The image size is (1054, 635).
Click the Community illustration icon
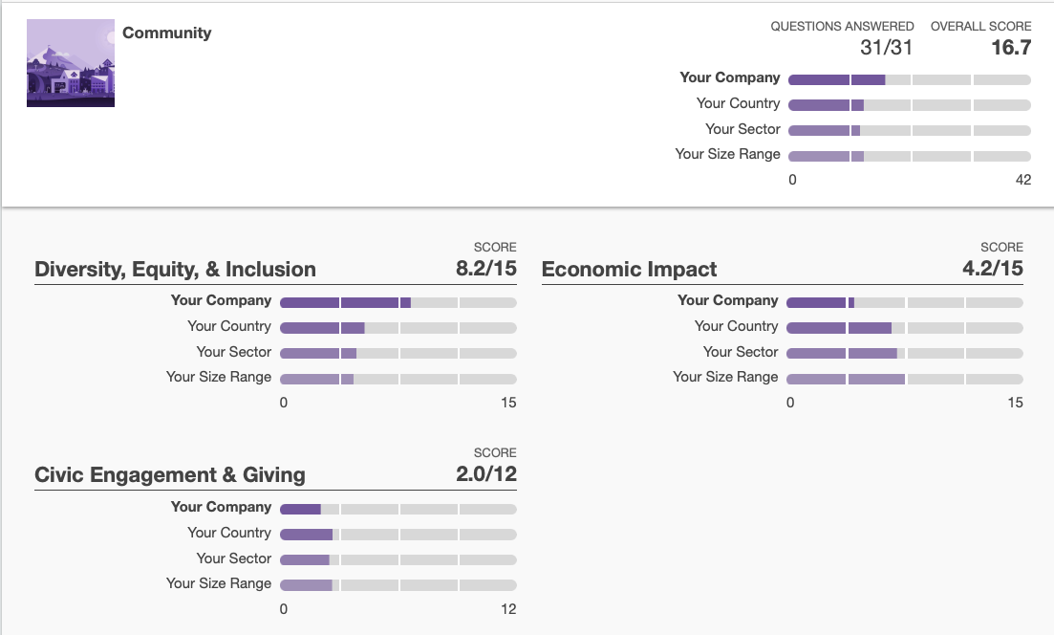pyautogui.click(x=71, y=63)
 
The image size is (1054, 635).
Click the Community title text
pyautogui.click(x=167, y=33)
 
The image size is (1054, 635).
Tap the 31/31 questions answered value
pyautogui.click(x=887, y=48)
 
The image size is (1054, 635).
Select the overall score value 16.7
pyautogui.click(x=1011, y=48)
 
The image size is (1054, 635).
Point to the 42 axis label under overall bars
pyautogui.click(x=1023, y=180)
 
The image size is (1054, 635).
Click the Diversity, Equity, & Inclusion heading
pyautogui.click(x=175, y=270)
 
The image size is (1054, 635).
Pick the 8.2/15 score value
pyautogui.click(x=485, y=269)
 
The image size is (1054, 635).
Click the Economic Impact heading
pyautogui.click(x=629, y=270)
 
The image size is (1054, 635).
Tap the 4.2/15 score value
pyautogui.click(x=992, y=269)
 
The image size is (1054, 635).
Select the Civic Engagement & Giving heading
pyautogui.click(x=170, y=475)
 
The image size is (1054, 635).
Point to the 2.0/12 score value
pyautogui.click(x=485, y=474)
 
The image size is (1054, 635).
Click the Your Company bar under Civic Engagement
pyautogui.click(x=398, y=509)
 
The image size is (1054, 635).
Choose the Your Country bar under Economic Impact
pyautogui.click(x=904, y=328)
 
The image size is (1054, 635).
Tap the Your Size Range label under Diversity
pyautogui.click(x=219, y=378)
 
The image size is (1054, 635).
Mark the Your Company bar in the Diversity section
pyautogui.click(x=398, y=302)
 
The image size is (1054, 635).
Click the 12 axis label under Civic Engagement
pyautogui.click(x=508, y=609)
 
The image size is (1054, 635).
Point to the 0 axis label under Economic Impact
pyautogui.click(x=790, y=403)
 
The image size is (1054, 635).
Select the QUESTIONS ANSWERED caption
pyautogui.click(x=842, y=27)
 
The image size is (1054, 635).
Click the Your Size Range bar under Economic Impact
pyautogui.click(x=904, y=380)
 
